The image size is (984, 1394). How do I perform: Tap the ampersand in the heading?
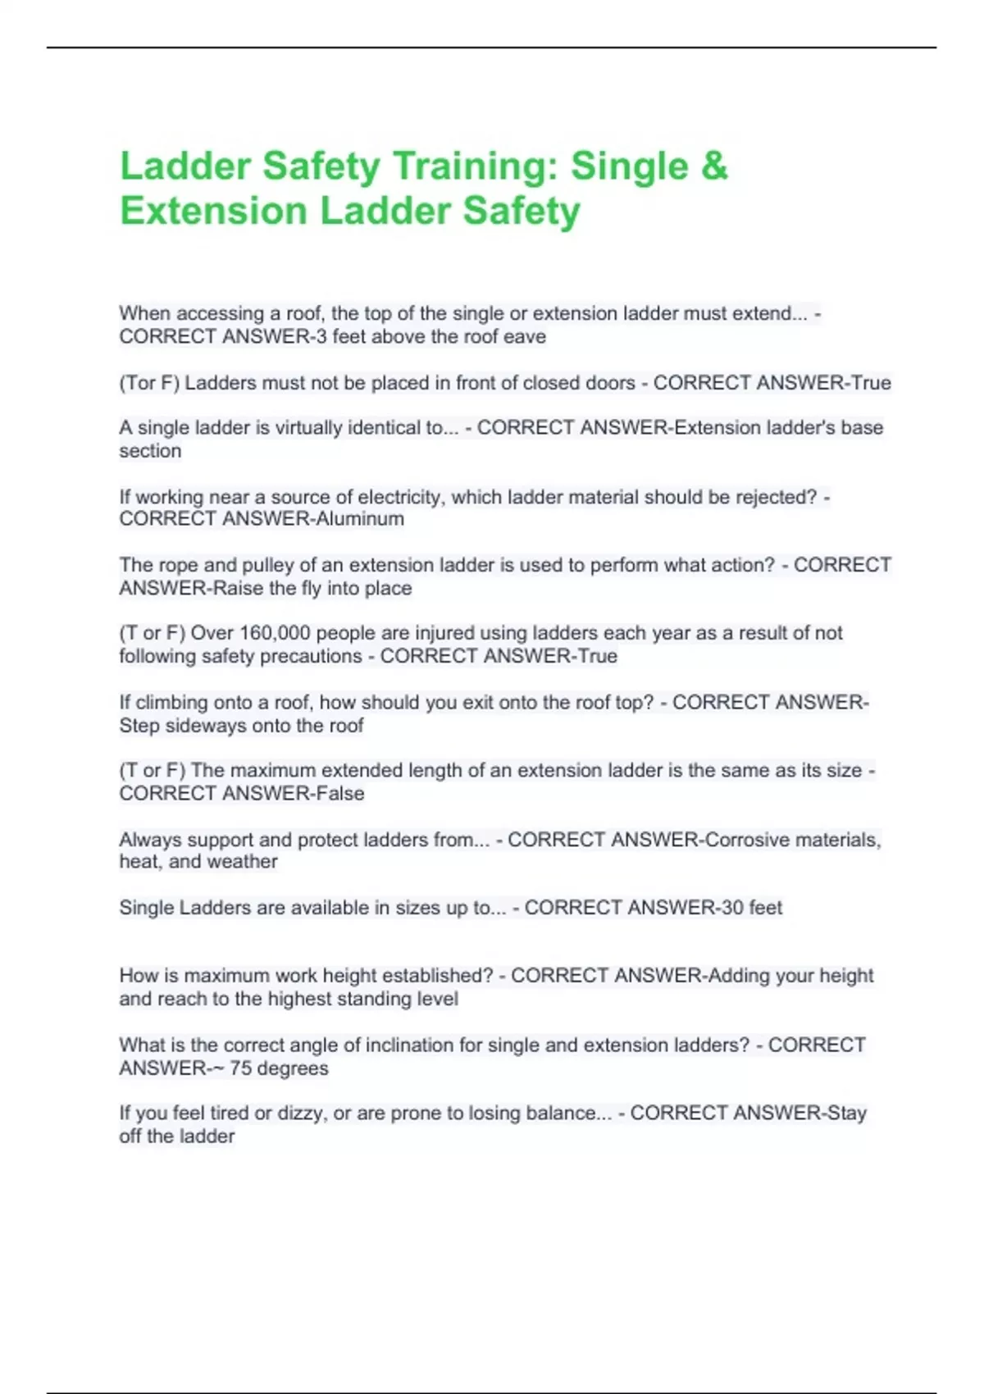pyautogui.click(x=714, y=166)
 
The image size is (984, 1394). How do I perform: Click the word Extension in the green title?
pyautogui.click(x=213, y=211)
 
